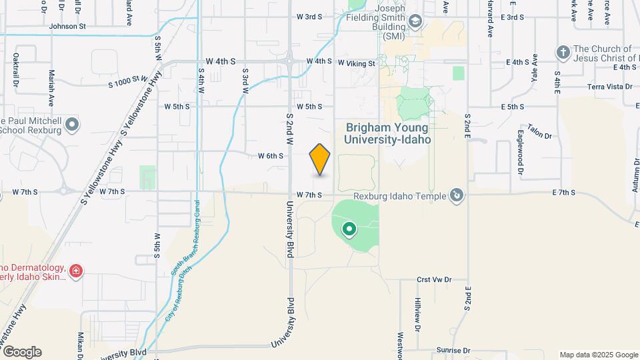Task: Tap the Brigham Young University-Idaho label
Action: (x=387, y=133)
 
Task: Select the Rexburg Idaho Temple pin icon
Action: (x=457, y=195)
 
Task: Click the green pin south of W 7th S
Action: (x=349, y=231)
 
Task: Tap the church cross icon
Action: (x=563, y=52)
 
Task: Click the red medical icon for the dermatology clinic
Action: (x=76, y=271)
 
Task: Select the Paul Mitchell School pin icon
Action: (x=72, y=124)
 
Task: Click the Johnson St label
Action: (x=68, y=27)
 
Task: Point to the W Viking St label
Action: (x=357, y=63)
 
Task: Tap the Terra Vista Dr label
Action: (x=609, y=87)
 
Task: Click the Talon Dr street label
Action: (x=540, y=131)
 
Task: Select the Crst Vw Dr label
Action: (x=433, y=280)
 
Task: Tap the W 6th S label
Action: (x=271, y=156)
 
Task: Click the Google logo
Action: (x=22, y=352)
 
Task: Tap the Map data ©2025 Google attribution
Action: (x=598, y=355)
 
